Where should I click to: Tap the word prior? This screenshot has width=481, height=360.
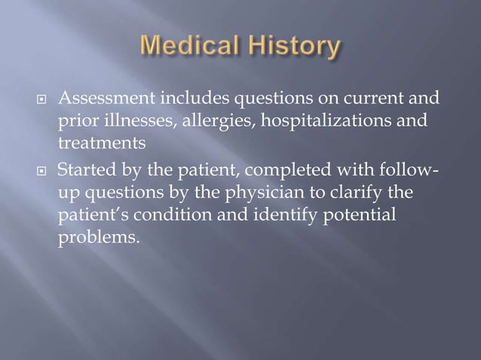click(x=76, y=121)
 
